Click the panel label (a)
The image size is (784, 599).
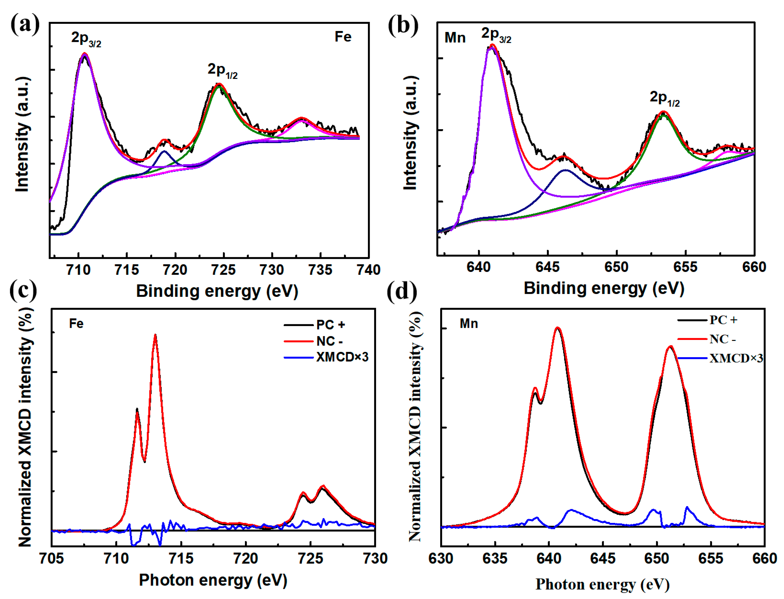25,24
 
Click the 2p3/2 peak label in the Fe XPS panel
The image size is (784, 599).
86,39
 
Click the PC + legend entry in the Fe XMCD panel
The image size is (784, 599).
314,325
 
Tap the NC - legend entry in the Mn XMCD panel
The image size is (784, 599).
707,339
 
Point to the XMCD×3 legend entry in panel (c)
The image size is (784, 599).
326,357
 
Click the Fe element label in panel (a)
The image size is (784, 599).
343,37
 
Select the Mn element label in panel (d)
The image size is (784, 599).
469,323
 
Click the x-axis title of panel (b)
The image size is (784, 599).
604,288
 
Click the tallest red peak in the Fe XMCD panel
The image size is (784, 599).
155,335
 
